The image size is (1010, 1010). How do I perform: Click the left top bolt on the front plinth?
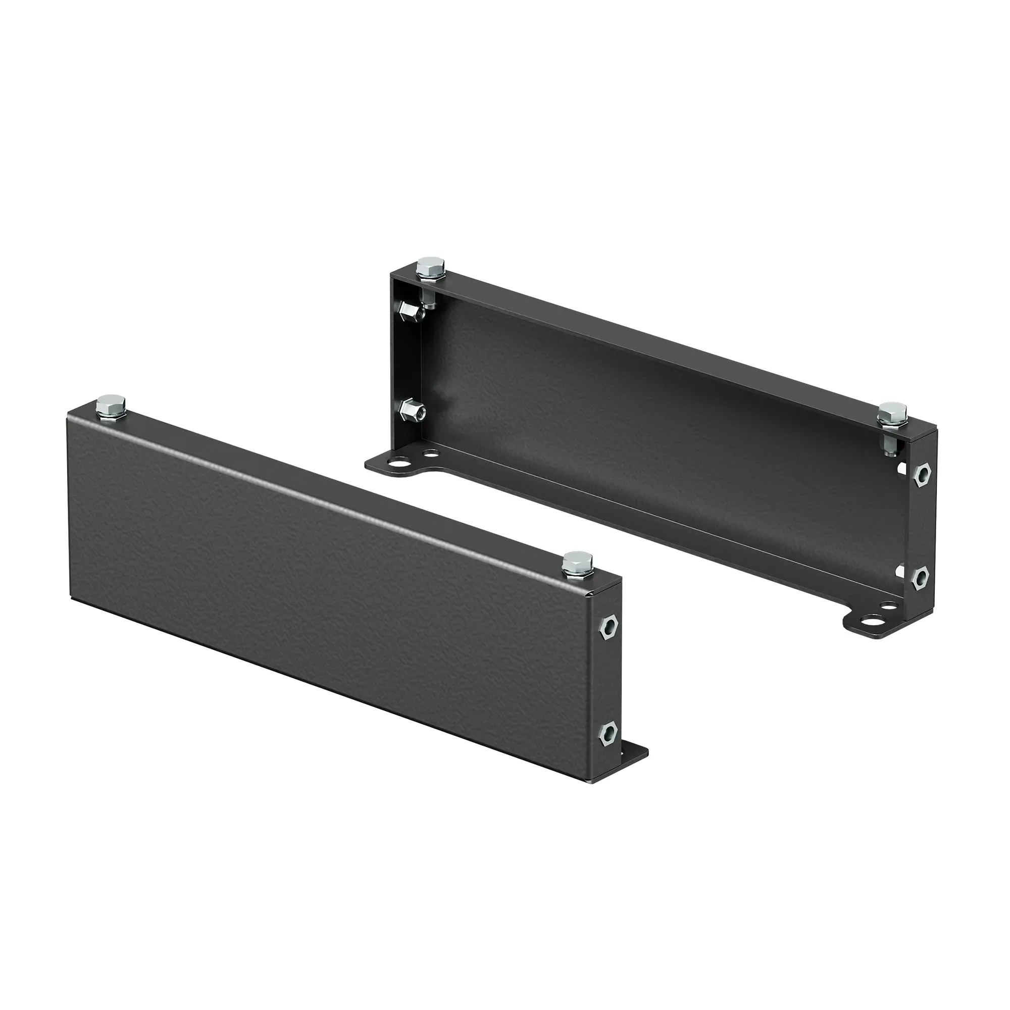coord(110,407)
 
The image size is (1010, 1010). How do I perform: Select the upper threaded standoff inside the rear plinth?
coord(412,312)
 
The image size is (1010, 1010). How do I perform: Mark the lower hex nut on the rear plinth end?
coord(922,576)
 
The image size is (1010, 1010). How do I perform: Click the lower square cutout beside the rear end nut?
coord(900,571)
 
